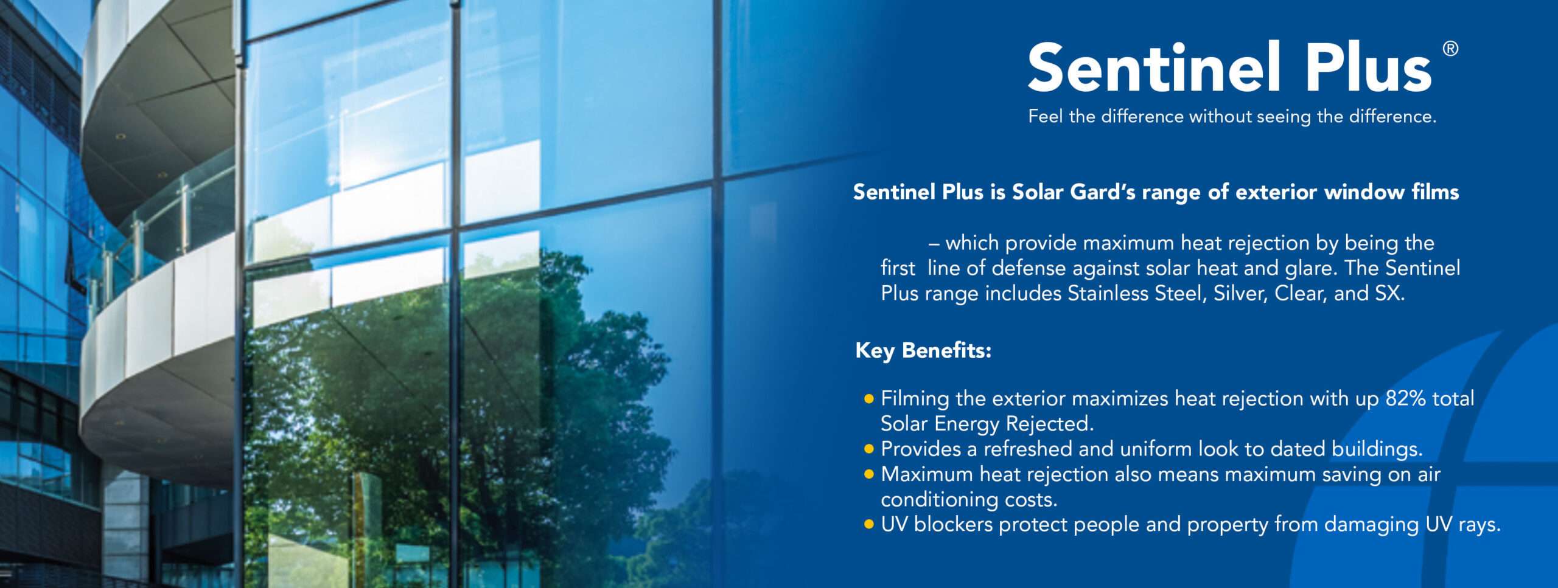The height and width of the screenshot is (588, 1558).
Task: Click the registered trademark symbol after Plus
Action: [x=1450, y=49]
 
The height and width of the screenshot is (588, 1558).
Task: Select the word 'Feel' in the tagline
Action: [x=1046, y=116]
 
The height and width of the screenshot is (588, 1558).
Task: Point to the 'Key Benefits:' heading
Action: [x=923, y=351]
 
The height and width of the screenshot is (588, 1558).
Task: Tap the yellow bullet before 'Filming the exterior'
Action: [x=869, y=399]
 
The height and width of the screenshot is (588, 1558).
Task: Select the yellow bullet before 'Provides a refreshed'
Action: [x=869, y=449]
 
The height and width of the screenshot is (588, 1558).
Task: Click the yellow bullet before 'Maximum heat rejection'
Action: [x=869, y=474]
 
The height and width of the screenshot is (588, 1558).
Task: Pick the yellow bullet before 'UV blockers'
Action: [x=869, y=525]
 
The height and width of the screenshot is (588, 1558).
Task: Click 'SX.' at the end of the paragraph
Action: [x=1390, y=294]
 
